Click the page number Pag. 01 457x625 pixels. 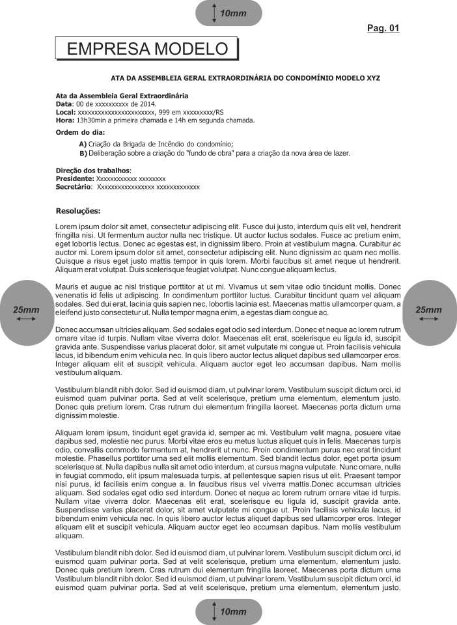coord(383,28)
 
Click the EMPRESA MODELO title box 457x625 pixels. coord(148,49)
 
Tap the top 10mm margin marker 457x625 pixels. coord(228,13)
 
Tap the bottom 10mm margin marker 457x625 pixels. coord(228,611)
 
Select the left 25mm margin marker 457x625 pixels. coord(27,312)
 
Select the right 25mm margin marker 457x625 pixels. coord(429,312)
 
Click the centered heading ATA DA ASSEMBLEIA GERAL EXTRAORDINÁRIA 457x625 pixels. coord(245,77)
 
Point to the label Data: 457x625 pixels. coord(64,104)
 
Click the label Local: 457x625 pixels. coord(66,112)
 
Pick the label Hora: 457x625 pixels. coord(65,120)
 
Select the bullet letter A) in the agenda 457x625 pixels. coord(83,144)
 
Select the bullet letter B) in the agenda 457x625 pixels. coord(83,154)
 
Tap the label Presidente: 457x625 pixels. coord(75,178)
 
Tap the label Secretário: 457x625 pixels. coord(74,187)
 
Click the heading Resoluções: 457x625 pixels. coord(78,211)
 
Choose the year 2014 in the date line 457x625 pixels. coord(148,104)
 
